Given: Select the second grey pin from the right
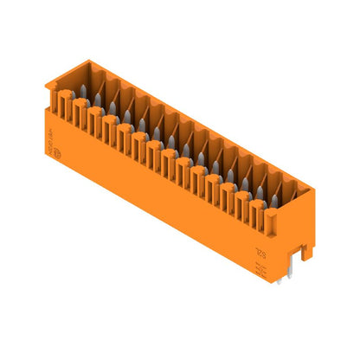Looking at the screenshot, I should [x=260, y=192].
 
